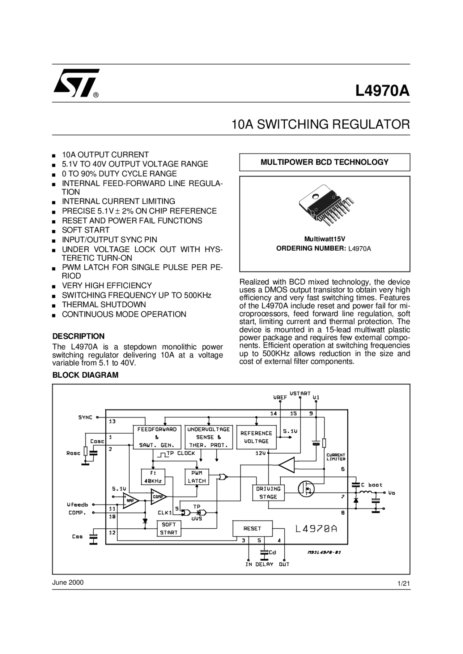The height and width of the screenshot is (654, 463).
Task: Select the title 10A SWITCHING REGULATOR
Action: coord(320,124)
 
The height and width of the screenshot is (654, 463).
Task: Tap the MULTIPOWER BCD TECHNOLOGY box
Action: coord(324,162)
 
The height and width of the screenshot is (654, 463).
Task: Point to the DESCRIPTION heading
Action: coord(78,336)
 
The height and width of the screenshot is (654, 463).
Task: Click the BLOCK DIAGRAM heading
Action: coord(85,375)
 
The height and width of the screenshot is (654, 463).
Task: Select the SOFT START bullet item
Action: coord(86,230)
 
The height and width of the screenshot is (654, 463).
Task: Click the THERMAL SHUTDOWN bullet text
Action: coord(104,304)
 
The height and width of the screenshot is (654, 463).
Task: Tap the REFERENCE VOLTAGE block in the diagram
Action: coord(256,437)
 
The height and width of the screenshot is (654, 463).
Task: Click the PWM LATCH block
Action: coord(196,477)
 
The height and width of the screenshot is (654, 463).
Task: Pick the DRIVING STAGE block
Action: coord(268,493)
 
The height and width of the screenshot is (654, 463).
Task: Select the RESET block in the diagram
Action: coord(252,528)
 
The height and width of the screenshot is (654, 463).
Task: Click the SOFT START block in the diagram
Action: coord(169,528)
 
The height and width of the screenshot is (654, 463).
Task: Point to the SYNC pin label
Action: coord(85,417)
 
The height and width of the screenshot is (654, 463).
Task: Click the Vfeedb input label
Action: coord(77,504)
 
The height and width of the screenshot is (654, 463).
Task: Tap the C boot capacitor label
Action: coord(371,485)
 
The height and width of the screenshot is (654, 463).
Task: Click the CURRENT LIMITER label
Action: coord(336,457)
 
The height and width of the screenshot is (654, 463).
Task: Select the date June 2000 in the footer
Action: coord(68,582)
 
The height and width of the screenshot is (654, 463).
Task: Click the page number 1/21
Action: coord(404,584)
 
